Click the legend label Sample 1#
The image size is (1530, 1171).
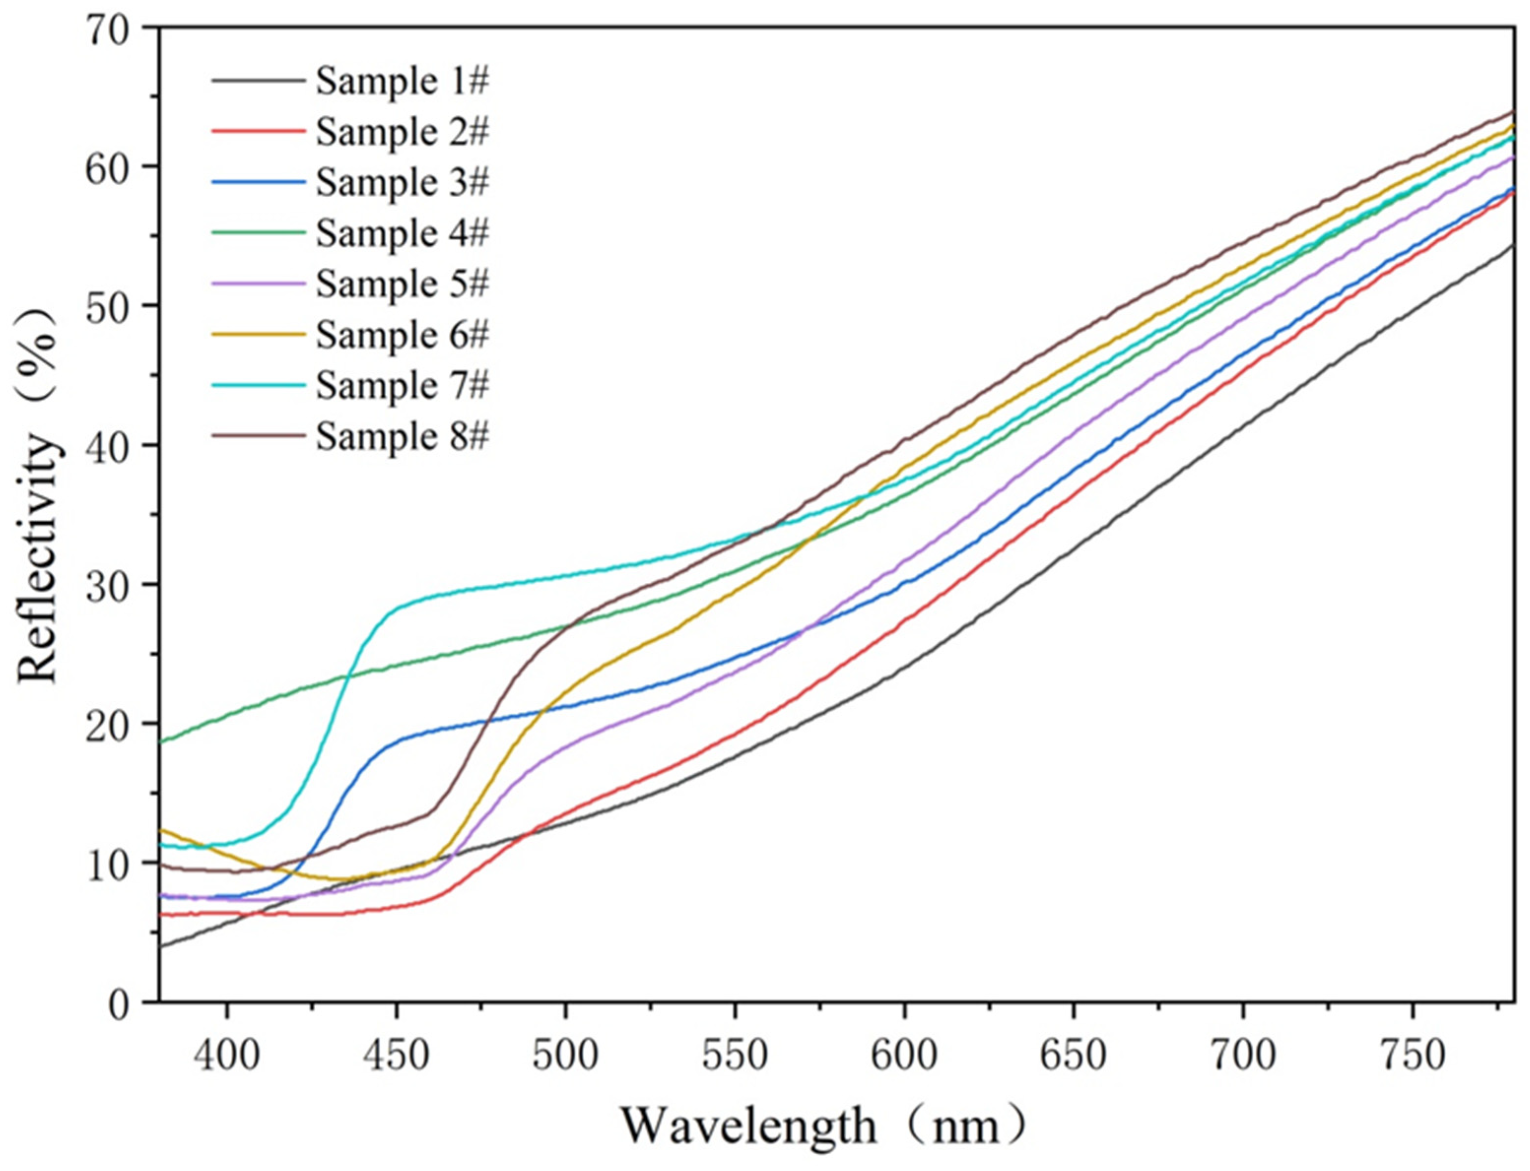402,82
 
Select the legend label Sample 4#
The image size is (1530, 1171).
402,233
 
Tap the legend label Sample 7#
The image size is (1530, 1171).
402,385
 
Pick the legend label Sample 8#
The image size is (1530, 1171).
402,437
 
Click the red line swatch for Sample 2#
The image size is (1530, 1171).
259,132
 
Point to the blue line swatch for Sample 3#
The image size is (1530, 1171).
259,183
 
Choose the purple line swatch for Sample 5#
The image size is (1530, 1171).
259,284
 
